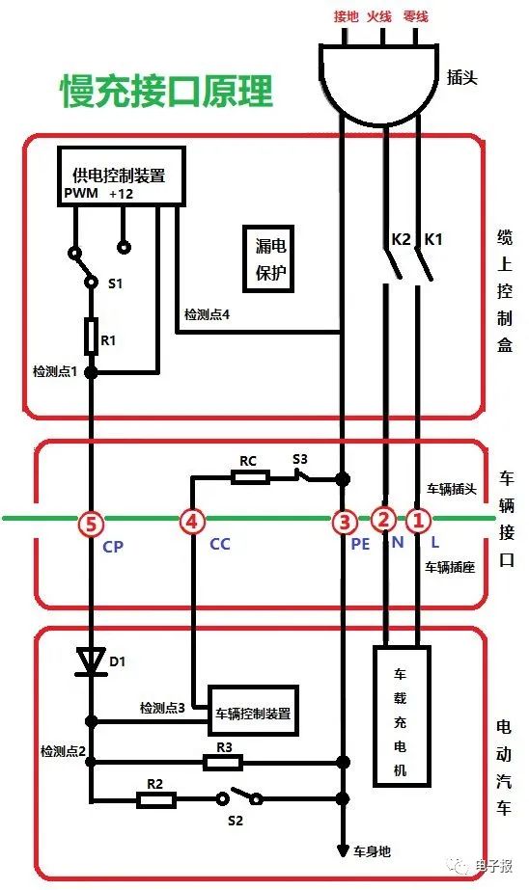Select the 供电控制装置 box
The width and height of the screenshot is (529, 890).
point(120,175)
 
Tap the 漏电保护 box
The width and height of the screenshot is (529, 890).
point(271,258)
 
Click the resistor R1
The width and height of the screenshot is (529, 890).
point(91,336)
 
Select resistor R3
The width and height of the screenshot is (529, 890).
point(223,763)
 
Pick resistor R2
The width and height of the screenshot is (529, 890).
point(155,799)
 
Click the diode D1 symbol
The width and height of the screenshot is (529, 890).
point(91,661)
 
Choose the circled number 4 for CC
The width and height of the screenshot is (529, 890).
point(193,522)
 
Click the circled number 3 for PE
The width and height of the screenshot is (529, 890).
point(343,522)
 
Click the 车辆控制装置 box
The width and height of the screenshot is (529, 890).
point(254,715)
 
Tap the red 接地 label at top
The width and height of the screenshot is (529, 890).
point(346,15)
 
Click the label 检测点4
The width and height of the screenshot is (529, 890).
point(208,315)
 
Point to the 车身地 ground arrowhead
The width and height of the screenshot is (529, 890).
point(342,850)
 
